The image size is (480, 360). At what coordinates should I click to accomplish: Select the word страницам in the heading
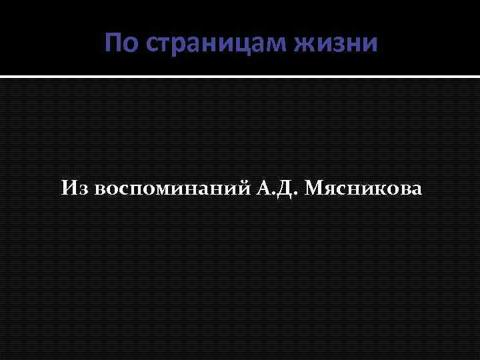coord(216,45)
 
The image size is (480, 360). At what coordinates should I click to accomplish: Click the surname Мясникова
coord(363,189)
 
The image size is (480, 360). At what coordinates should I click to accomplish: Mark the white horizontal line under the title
coord(240,77)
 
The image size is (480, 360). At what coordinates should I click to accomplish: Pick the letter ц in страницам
coord(253,45)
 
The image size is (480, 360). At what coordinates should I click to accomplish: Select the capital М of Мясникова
coord(314,189)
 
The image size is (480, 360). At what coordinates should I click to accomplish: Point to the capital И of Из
coord(70,189)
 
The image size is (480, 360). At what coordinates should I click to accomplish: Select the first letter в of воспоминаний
coord(101,190)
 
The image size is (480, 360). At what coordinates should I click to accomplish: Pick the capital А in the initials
coord(263,189)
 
